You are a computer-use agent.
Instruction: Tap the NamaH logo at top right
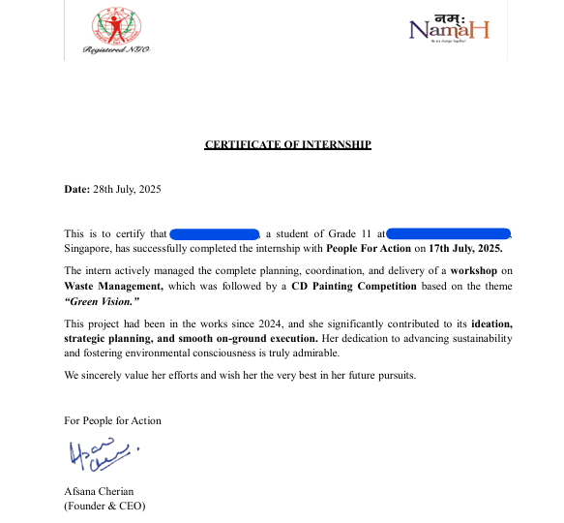point(449,30)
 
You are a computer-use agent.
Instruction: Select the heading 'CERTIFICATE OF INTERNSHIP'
point(287,144)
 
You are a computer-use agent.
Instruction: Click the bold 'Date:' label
point(76,189)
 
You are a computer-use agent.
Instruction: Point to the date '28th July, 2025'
point(126,189)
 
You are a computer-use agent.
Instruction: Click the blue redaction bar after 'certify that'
point(215,233)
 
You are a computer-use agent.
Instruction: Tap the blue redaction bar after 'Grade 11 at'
point(449,233)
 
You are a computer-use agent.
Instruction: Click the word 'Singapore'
point(88,249)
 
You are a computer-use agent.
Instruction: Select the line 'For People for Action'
point(112,420)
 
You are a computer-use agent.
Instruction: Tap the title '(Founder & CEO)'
point(104,506)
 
